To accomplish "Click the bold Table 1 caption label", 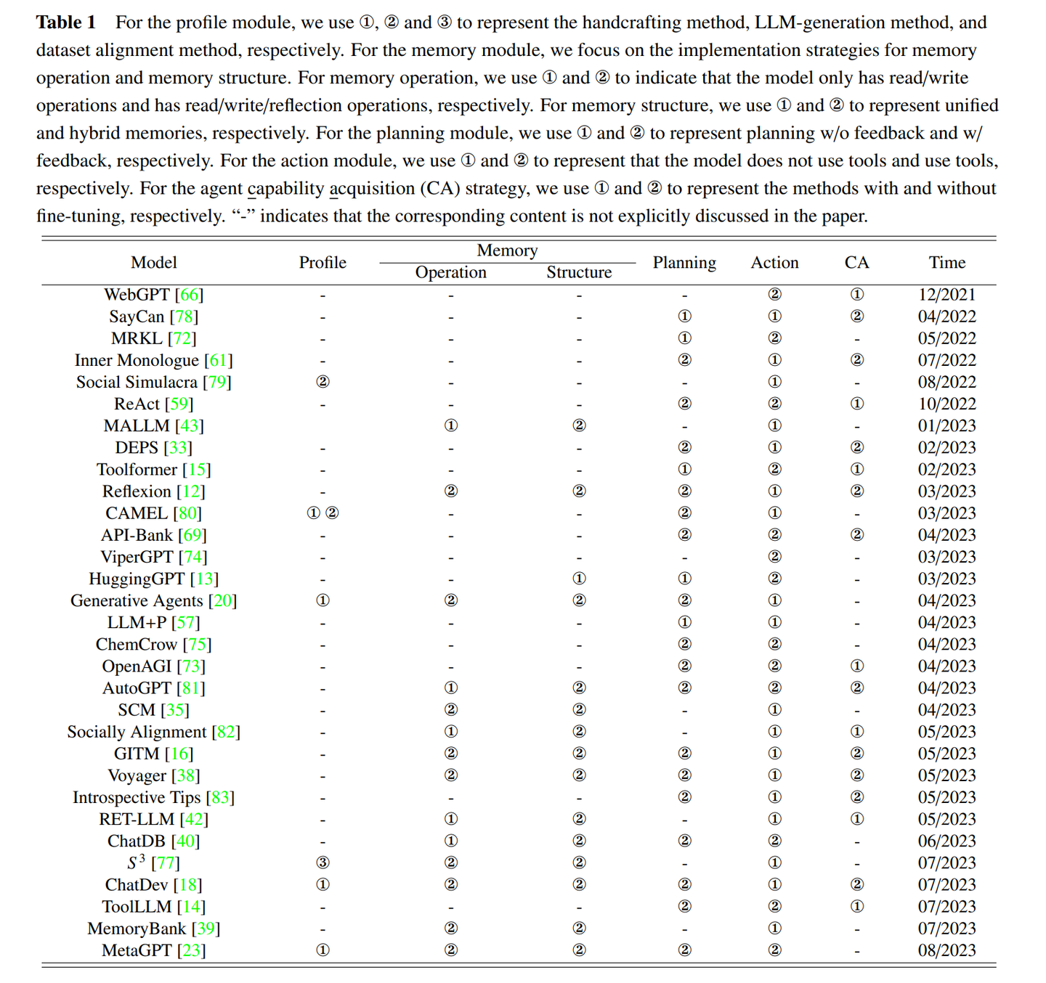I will coord(66,23).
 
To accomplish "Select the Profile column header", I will coord(323,263).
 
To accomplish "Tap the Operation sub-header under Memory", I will coord(450,272).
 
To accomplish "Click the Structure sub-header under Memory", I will coord(579,272).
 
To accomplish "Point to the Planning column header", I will coord(684,263).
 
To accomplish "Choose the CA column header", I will coord(856,263).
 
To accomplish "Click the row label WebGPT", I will coord(137,295).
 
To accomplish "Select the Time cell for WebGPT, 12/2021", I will coord(946,295).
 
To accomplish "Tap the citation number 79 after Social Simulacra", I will coord(217,383).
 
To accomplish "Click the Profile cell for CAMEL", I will coord(323,513).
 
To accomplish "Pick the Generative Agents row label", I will coord(137,601).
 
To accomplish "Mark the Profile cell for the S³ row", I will coord(323,862).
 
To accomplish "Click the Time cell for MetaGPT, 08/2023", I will coord(946,950).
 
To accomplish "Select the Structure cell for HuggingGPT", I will coord(579,579).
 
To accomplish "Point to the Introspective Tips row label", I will coord(137,797).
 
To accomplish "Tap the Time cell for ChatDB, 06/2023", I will coord(946,841).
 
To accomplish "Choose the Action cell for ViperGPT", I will coord(774,557).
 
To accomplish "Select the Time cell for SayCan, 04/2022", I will coord(946,317).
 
